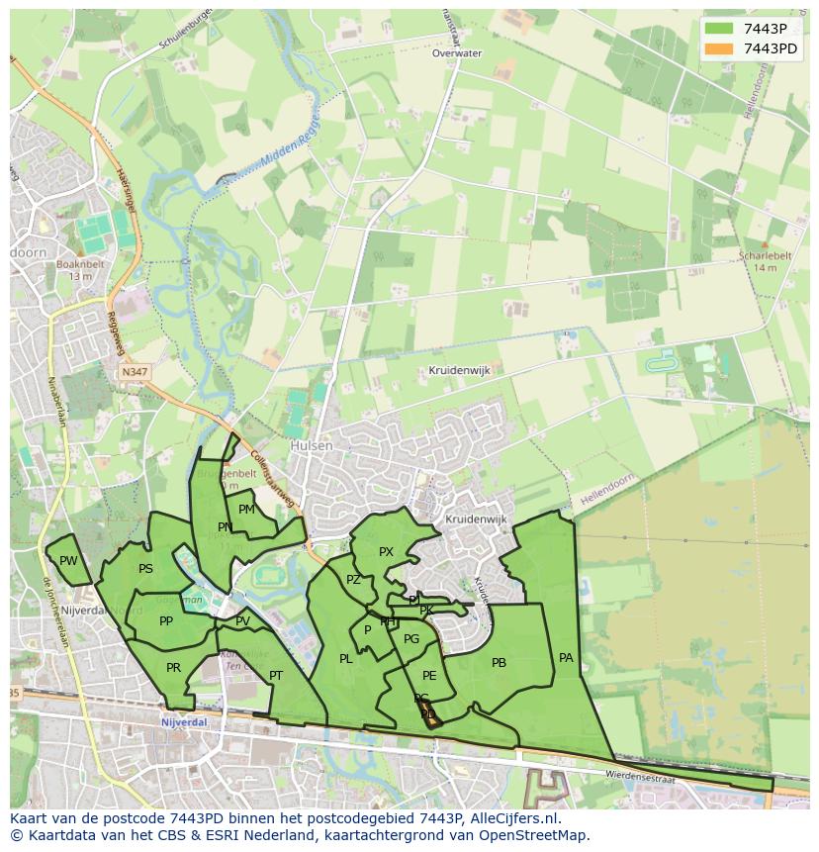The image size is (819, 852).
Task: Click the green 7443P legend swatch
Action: (x=720, y=29)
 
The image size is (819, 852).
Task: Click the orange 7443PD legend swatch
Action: (x=720, y=48)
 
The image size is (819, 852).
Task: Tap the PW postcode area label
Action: (x=68, y=561)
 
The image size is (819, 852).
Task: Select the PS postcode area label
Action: (x=145, y=569)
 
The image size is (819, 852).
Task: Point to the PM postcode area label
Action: (x=246, y=510)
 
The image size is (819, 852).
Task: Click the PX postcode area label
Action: (x=386, y=552)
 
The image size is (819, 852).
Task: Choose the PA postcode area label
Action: (x=566, y=657)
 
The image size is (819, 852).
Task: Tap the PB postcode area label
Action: (x=499, y=663)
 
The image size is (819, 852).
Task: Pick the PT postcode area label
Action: (x=276, y=676)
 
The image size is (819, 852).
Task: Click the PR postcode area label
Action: (x=173, y=668)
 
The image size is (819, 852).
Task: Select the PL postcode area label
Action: (x=345, y=659)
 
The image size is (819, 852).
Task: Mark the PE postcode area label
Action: (x=429, y=675)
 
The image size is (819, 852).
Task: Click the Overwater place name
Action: (x=457, y=53)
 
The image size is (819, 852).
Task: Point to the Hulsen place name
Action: (x=312, y=446)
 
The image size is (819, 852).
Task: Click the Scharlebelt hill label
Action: (x=766, y=255)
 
